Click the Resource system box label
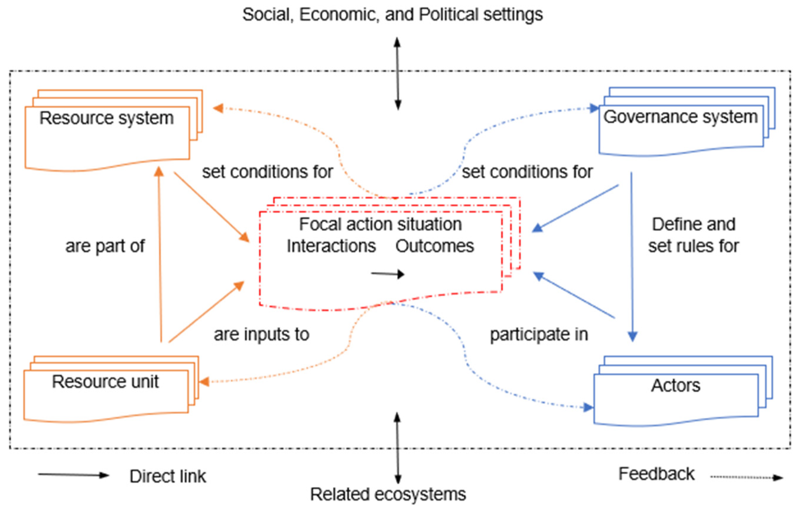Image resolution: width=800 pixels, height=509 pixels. point(107,118)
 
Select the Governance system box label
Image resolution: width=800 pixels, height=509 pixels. point(680,117)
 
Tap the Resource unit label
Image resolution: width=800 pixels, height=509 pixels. point(105,382)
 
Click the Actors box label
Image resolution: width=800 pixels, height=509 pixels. point(675,386)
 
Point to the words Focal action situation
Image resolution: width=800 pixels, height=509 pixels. point(381,224)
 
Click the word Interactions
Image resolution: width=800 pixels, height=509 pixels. point(331,246)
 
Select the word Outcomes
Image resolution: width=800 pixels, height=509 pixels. point(435,246)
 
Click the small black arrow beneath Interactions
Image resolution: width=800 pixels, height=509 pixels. point(387,274)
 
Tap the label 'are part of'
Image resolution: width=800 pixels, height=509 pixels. point(105,246)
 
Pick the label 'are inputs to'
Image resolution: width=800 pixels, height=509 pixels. point(261,334)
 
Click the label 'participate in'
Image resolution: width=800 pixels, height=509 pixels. point(539,334)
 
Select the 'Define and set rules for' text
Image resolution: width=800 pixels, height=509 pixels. point(694,235)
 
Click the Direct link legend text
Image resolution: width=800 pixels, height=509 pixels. point(168,477)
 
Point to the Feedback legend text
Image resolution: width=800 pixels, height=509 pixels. point(656,474)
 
